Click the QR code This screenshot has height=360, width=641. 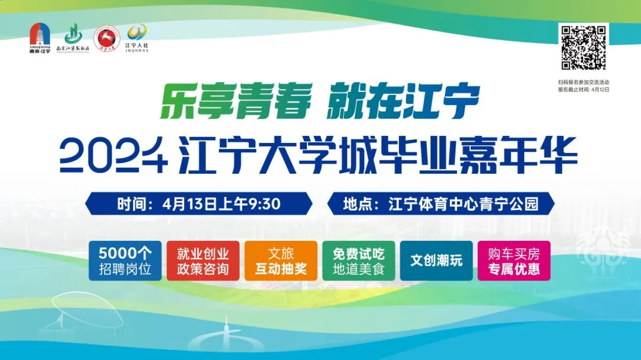click(x=583, y=48)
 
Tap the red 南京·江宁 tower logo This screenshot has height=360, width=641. click(x=40, y=39)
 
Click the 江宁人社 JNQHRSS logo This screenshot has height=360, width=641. click(x=137, y=39)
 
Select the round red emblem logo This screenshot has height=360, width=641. click(x=107, y=39)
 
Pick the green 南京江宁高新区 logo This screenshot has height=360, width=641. click(x=72, y=39)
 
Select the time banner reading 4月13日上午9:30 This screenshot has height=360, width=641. click(x=199, y=204)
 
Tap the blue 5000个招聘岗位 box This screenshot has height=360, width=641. click(x=125, y=261)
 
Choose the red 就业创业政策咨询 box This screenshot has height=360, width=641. click(x=203, y=261)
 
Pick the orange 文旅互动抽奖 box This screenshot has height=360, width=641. click(x=281, y=261)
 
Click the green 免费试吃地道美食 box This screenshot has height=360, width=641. click(x=358, y=261)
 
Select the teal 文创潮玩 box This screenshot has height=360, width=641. click(x=436, y=261)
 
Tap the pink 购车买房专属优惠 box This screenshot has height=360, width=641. click(x=514, y=261)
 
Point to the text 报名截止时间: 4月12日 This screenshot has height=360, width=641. click(x=583, y=90)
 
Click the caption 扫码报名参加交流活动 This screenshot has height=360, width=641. click(x=583, y=82)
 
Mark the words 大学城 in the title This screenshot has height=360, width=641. click(x=306, y=156)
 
